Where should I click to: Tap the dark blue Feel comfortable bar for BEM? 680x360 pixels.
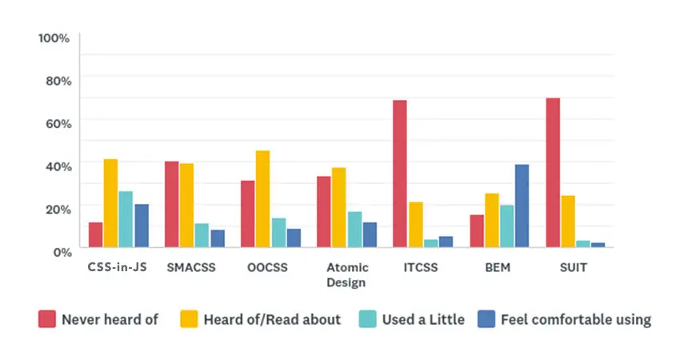(522, 206)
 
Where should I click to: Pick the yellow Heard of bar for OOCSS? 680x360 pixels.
(262, 199)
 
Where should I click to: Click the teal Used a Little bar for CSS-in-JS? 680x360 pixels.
(126, 219)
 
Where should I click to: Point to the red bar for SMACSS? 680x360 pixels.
(171, 204)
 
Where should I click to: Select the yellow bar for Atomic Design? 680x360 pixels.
(338, 207)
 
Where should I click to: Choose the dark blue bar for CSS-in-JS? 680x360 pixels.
(142, 226)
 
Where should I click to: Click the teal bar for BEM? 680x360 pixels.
(506, 226)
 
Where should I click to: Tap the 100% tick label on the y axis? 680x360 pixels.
(54, 38)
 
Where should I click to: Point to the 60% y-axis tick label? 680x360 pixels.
(58, 123)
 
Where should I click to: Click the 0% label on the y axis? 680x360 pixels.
(61, 251)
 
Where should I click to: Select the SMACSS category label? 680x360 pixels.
(190, 267)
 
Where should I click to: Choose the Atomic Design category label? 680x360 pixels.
(346, 274)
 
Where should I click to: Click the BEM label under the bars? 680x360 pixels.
(496, 267)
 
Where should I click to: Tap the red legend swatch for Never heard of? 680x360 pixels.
(47, 320)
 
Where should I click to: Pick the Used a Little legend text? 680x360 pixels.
(423, 320)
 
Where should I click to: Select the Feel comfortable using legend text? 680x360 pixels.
(576, 320)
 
